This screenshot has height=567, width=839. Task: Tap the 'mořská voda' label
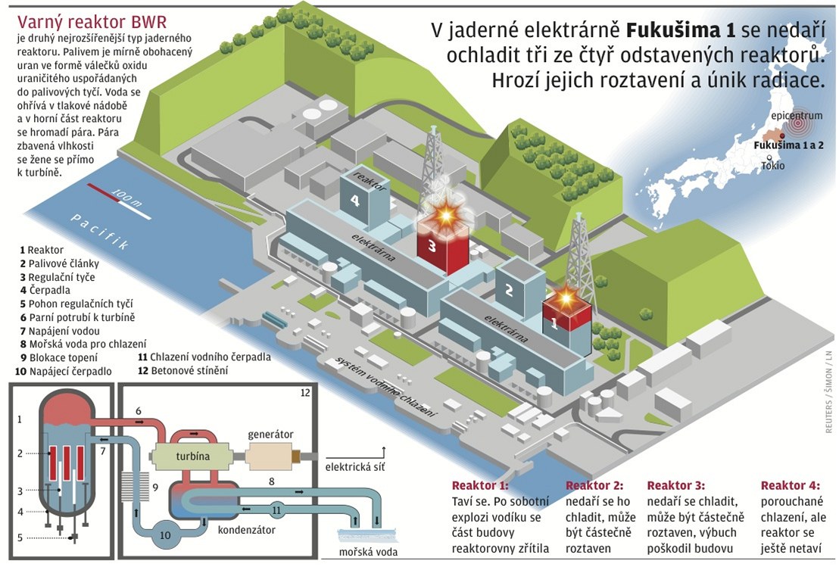click(368, 552)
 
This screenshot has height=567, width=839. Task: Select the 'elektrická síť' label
click(355, 467)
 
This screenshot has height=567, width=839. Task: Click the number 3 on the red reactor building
click(432, 245)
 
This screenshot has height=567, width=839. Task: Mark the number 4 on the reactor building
click(354, 201)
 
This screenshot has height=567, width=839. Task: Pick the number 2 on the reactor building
click(510, 289)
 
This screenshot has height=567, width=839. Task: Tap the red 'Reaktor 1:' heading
click(480, 486)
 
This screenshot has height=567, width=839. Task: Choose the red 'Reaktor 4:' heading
click(790, 486)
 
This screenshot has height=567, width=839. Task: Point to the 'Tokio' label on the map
click(773, 165)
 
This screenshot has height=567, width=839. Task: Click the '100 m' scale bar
click(114, 195)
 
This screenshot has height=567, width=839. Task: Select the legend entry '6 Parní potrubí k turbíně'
click(77, 317)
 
